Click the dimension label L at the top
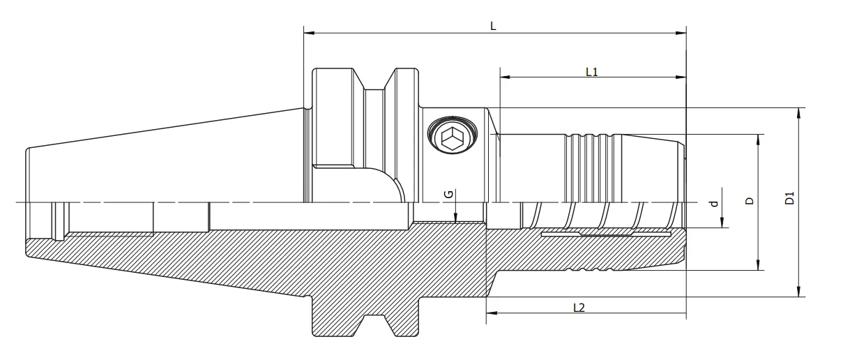[493, 26]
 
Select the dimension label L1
[592, 71]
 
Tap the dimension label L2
[578, 307]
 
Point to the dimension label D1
[789, 198]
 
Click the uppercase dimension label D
[750, 201]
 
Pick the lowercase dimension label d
[713, 204]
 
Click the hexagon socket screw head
[451, 137]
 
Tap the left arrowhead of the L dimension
[308, 33]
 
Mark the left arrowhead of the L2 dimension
[490, 313]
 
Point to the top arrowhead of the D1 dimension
[798, 112]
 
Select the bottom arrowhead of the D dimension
[759, 266]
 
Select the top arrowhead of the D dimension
[759, 138]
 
